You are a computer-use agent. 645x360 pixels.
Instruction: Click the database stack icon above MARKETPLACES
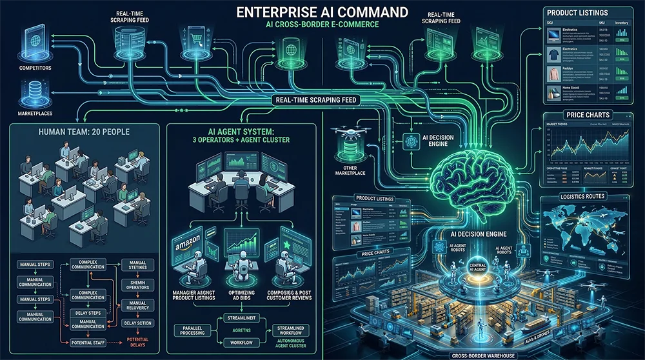click(x=30, y=90)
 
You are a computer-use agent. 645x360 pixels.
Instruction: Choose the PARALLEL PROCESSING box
click(x=193, y=330)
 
